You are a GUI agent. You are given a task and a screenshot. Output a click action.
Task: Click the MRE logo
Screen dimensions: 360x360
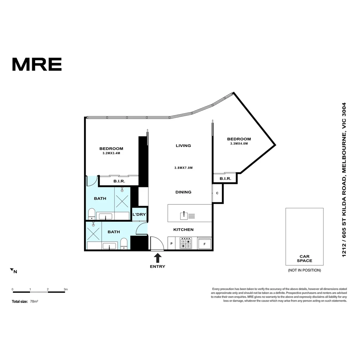coord(37,64)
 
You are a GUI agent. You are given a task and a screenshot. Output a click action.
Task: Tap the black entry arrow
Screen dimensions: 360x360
coord(158,258)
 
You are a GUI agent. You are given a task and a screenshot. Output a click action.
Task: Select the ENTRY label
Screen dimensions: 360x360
coord(158,266)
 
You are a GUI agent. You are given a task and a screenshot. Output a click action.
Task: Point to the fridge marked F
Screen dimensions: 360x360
coord(204,244)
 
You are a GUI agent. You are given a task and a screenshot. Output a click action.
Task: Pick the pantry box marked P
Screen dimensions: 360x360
coord(171,244)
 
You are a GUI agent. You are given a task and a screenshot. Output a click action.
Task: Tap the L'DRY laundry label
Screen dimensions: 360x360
coord(139,214)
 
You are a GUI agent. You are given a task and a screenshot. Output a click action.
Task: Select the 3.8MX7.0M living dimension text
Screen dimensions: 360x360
coord(183,168)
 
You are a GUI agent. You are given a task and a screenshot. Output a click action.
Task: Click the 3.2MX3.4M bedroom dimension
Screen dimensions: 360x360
coord(111,154)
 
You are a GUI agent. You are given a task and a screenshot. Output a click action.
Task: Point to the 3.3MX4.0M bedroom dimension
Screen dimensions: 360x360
coord(239,144)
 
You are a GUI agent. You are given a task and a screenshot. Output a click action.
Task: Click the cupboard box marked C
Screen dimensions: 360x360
coord(217,193)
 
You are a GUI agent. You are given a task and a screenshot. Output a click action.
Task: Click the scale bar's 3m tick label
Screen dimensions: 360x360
coord(66,289)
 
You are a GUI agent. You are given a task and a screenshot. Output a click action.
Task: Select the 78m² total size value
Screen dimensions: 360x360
coord(34,301)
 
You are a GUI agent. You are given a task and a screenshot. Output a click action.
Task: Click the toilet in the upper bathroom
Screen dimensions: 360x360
coord(92,213)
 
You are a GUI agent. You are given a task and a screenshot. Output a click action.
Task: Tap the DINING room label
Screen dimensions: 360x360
coord(183,192)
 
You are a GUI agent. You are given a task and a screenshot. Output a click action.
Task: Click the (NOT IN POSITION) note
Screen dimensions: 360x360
coord(304,270)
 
